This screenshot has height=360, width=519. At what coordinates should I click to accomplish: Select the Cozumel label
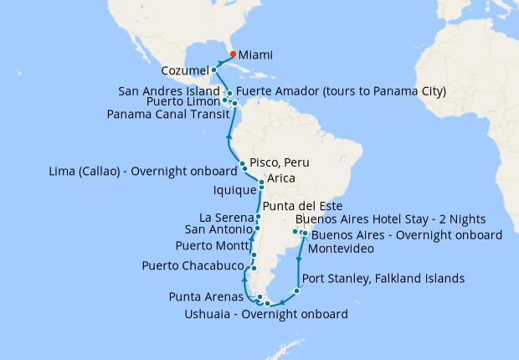click(x=184, y=71)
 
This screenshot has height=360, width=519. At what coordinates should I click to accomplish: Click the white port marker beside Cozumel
click(x=214, y=70)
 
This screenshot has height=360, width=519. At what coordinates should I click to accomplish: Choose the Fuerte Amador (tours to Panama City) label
click(x=341, y=90)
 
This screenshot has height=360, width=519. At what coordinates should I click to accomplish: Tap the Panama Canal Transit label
click(x=167, y=115)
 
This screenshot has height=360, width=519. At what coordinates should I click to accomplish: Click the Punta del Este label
click(x=303, y=206)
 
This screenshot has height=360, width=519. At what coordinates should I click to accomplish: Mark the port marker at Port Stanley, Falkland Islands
click(x=296, y=291)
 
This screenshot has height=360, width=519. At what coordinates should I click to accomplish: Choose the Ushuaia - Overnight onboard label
click(x=265, y=315)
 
